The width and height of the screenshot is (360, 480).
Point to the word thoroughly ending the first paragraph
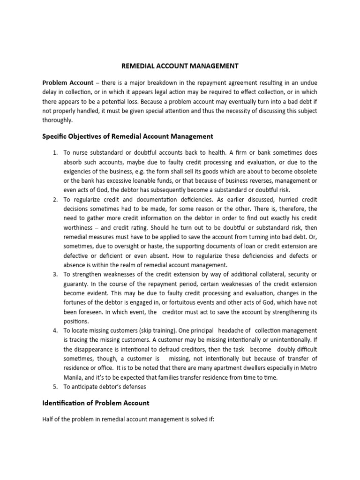[58, 120]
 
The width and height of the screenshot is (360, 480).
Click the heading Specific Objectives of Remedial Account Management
[127, 136]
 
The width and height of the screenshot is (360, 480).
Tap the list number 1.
[55, 153]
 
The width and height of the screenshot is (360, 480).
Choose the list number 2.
[55, 199]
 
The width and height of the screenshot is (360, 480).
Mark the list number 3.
[55, 274]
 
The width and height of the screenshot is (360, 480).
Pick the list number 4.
[55, 330]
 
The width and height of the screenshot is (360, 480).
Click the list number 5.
[55, 387]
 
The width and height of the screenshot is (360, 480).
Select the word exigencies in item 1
[80, 172]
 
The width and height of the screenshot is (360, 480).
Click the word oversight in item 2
[119, 246]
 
